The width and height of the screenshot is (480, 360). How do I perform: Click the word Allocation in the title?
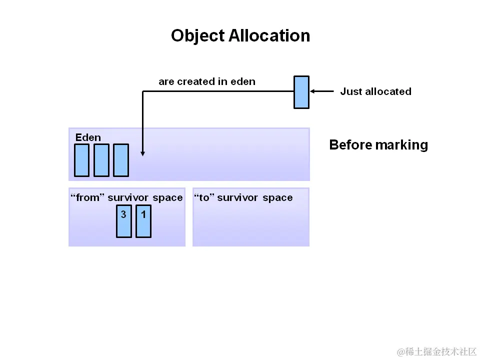point(269,36)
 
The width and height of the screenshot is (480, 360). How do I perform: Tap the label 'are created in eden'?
point(207,81)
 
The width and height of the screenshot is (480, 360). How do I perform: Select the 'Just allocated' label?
point(375,91)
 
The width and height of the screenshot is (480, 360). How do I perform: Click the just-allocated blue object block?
point(301,92)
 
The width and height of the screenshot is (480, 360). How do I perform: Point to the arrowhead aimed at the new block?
point(313,91)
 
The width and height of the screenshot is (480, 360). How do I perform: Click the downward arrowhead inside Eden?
point(143,153)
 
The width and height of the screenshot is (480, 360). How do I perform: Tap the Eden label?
point(88,137)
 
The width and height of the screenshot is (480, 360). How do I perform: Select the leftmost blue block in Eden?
point(81,160)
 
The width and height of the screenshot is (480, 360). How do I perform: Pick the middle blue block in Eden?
point(101,160)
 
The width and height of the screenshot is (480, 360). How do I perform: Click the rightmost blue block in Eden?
point(121,160)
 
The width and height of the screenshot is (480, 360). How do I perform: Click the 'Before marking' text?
point(378,145)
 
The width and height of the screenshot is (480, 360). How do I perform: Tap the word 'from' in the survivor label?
point(88,198)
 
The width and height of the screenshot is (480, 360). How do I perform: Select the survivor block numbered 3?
point(124,220)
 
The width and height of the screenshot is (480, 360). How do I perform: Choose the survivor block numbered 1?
point(143,220)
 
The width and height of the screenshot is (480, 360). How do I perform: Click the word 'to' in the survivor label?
point(204,198)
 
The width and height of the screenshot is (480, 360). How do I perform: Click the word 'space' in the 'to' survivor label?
point(277,198)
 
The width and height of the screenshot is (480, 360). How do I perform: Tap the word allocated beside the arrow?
point(388,91)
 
